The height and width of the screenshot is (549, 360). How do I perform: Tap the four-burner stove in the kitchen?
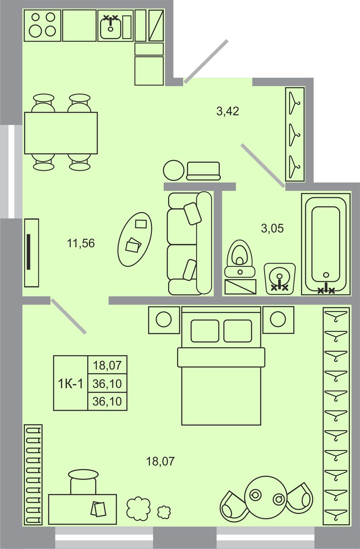[x=42, y=26]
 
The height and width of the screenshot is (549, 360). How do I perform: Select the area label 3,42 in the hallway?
[x=228, y=111]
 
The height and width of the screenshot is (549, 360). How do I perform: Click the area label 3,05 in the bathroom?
[x=272, y=228]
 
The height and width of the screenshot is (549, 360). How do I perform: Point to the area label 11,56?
[x=81, y=244]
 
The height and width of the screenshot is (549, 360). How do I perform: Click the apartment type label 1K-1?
[x=71, y=384]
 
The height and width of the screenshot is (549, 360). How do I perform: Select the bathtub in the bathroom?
[x=326, y=244]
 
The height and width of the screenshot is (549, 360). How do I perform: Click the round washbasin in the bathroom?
[x=280, y=278]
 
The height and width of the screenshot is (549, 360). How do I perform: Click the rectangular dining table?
[x=61, y=133]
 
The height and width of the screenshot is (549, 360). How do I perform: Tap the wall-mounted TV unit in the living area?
[x=32, y=253]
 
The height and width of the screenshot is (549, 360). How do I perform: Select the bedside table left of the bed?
[x=164, y=320]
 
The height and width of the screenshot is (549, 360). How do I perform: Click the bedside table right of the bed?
[x=278, y=320]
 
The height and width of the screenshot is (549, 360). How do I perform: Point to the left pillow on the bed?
[x=205, y=331]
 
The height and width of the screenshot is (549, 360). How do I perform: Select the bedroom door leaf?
[x=68, y=316]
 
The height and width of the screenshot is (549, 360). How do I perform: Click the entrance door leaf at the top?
[x=206, y=62]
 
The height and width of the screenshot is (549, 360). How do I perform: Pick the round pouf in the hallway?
[x=174, y=170]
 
